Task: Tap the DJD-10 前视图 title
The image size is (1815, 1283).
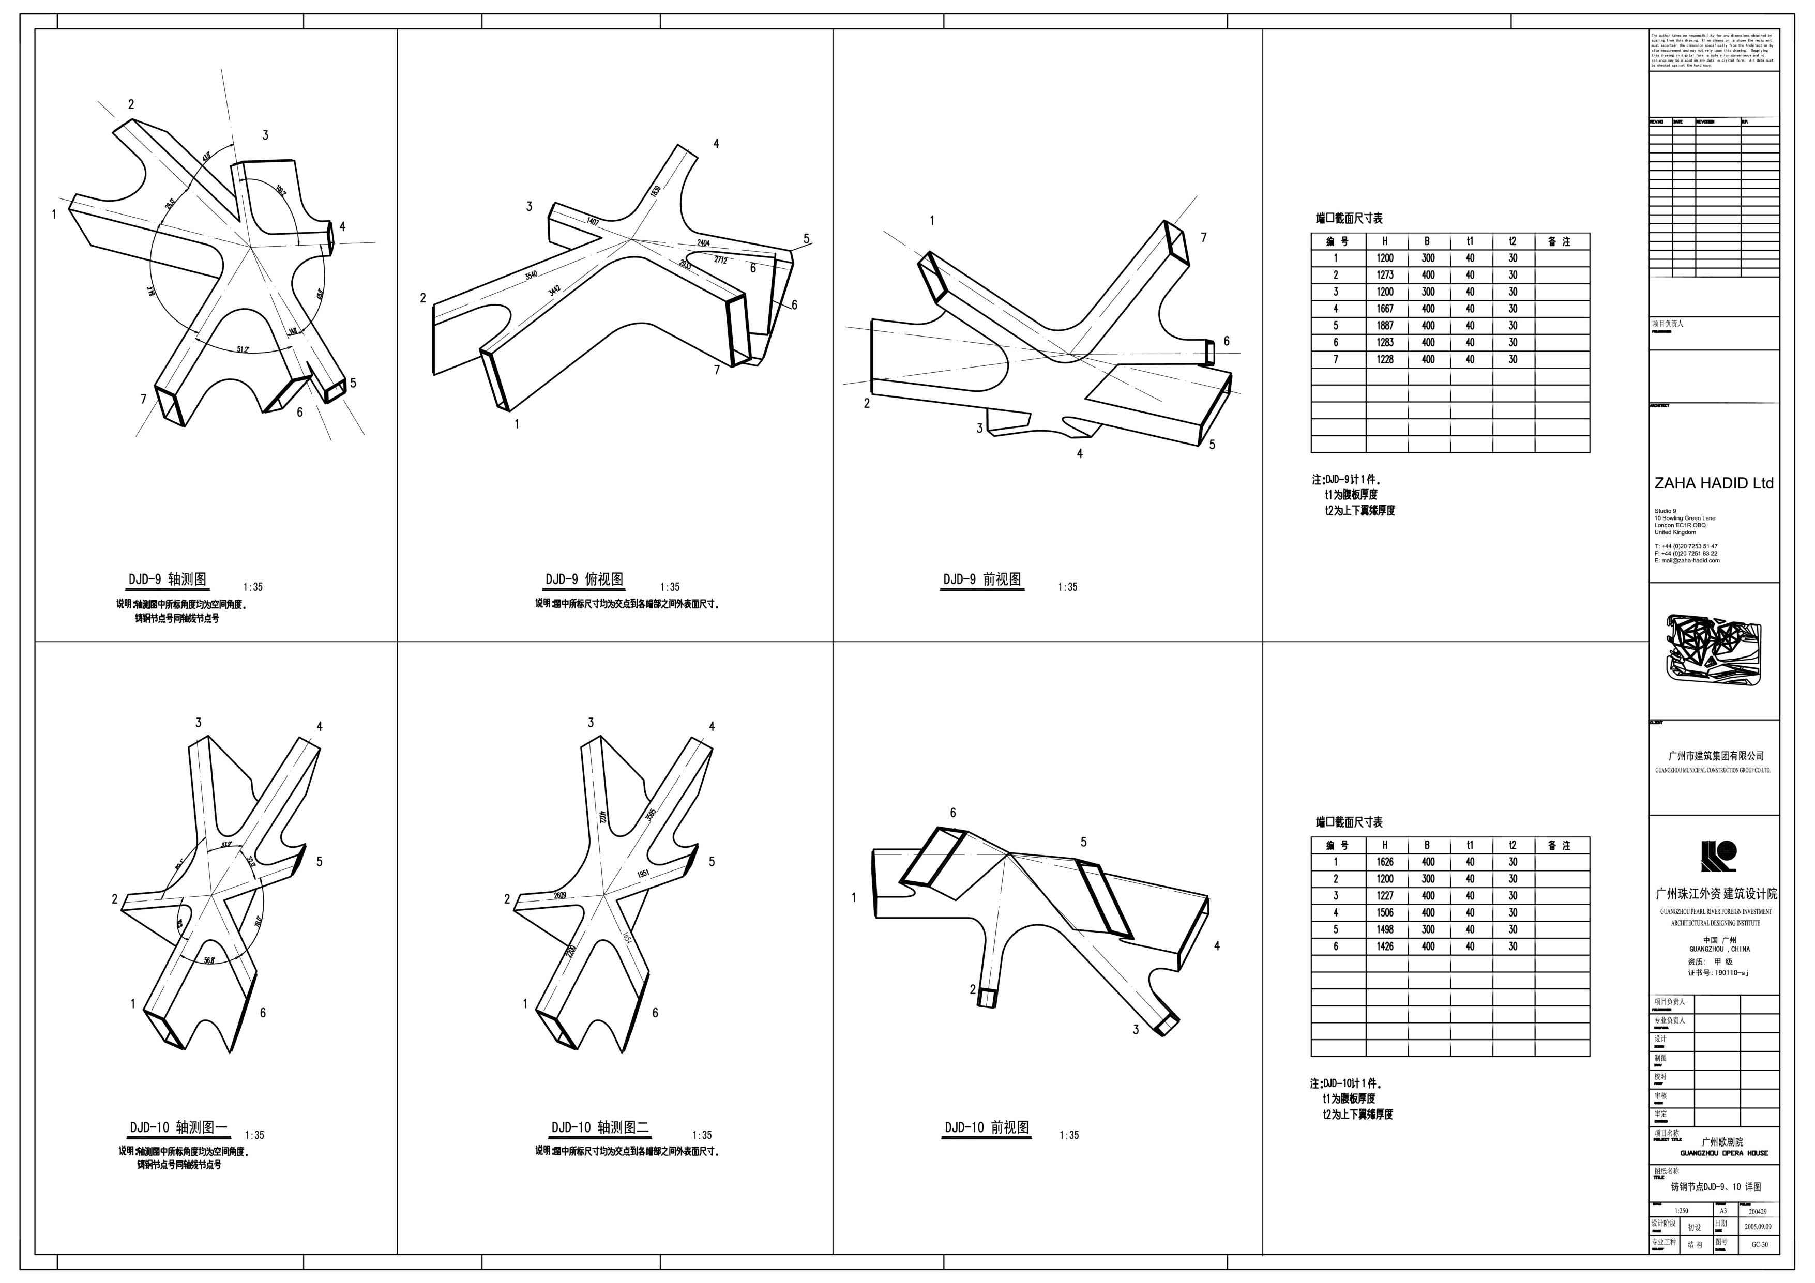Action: (x=987, y=1128)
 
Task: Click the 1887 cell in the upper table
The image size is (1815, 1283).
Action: (x=1385, y=326)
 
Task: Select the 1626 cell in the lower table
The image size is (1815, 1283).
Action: (x=1385, y=862)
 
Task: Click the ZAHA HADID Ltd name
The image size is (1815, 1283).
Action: (x=1714, y=483)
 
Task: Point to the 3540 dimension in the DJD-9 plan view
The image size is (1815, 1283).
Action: (x=531, y=275)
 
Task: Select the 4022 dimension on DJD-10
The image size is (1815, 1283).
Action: (x=602, y=817)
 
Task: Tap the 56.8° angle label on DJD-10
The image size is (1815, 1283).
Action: (x=209, y=960)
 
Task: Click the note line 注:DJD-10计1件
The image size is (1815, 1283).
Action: (x=1345, y=1083)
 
